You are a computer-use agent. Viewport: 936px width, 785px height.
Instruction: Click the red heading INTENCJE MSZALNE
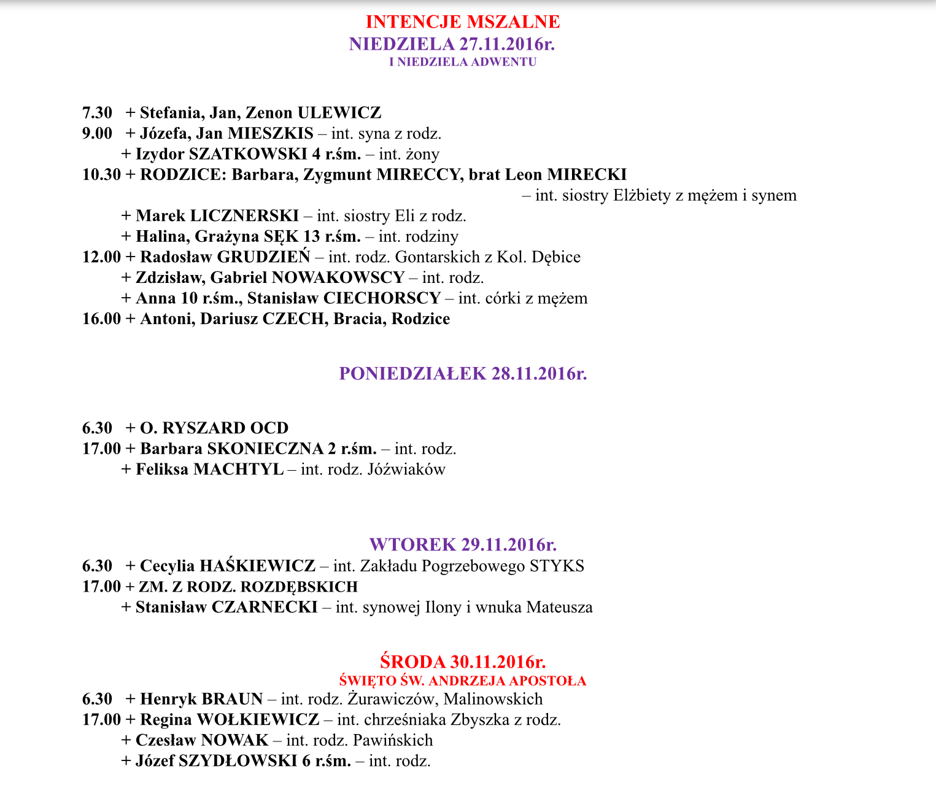tap(463, 21)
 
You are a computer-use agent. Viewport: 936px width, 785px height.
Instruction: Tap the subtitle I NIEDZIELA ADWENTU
tap(463, 62)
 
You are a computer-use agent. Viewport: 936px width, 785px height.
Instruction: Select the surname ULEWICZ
tap(339, 113)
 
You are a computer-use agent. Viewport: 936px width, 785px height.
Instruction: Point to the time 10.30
tap(101, 175)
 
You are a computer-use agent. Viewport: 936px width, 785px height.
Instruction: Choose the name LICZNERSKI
tap(244, 216)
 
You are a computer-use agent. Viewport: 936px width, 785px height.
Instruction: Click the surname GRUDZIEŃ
tap(264, 257)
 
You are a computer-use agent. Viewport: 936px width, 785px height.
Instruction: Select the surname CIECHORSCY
tap(382, 298)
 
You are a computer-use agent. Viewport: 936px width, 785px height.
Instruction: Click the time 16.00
tap(101, 319)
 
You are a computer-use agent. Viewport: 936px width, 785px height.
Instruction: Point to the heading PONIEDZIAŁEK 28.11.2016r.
tap(463, 374)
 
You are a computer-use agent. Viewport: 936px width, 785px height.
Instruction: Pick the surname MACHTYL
tap(239, 470)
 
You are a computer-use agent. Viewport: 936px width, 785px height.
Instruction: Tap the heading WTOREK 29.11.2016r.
tap(463, 544)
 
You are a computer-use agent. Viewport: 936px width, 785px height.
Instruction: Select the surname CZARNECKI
tap(265, 608)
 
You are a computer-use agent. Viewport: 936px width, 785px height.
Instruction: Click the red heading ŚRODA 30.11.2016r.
tap(463, 662)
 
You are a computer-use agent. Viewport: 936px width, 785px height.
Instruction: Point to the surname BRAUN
tap(232, 699)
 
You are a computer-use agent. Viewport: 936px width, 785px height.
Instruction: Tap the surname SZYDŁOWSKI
tap(238, 762)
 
